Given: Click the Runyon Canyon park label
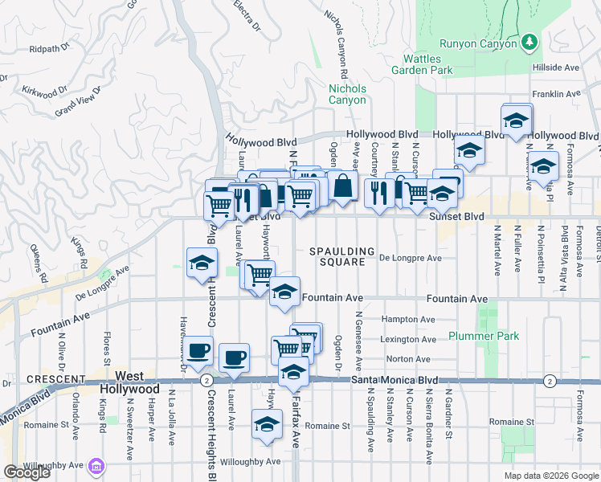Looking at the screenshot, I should click(478, 43).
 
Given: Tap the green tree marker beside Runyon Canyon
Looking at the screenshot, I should click(529, 40).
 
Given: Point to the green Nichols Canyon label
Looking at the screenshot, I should click(348, 94).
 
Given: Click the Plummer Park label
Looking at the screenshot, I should click(484, 336).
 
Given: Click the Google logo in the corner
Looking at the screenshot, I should click(27, 472).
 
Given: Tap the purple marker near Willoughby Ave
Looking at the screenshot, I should click(96, 466).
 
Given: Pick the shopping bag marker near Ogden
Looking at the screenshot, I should click(343, 186).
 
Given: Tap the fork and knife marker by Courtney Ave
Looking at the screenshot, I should click(378, 193).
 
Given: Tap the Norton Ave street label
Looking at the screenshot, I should click(408, 359).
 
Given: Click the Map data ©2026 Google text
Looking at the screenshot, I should click(550, 476).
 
